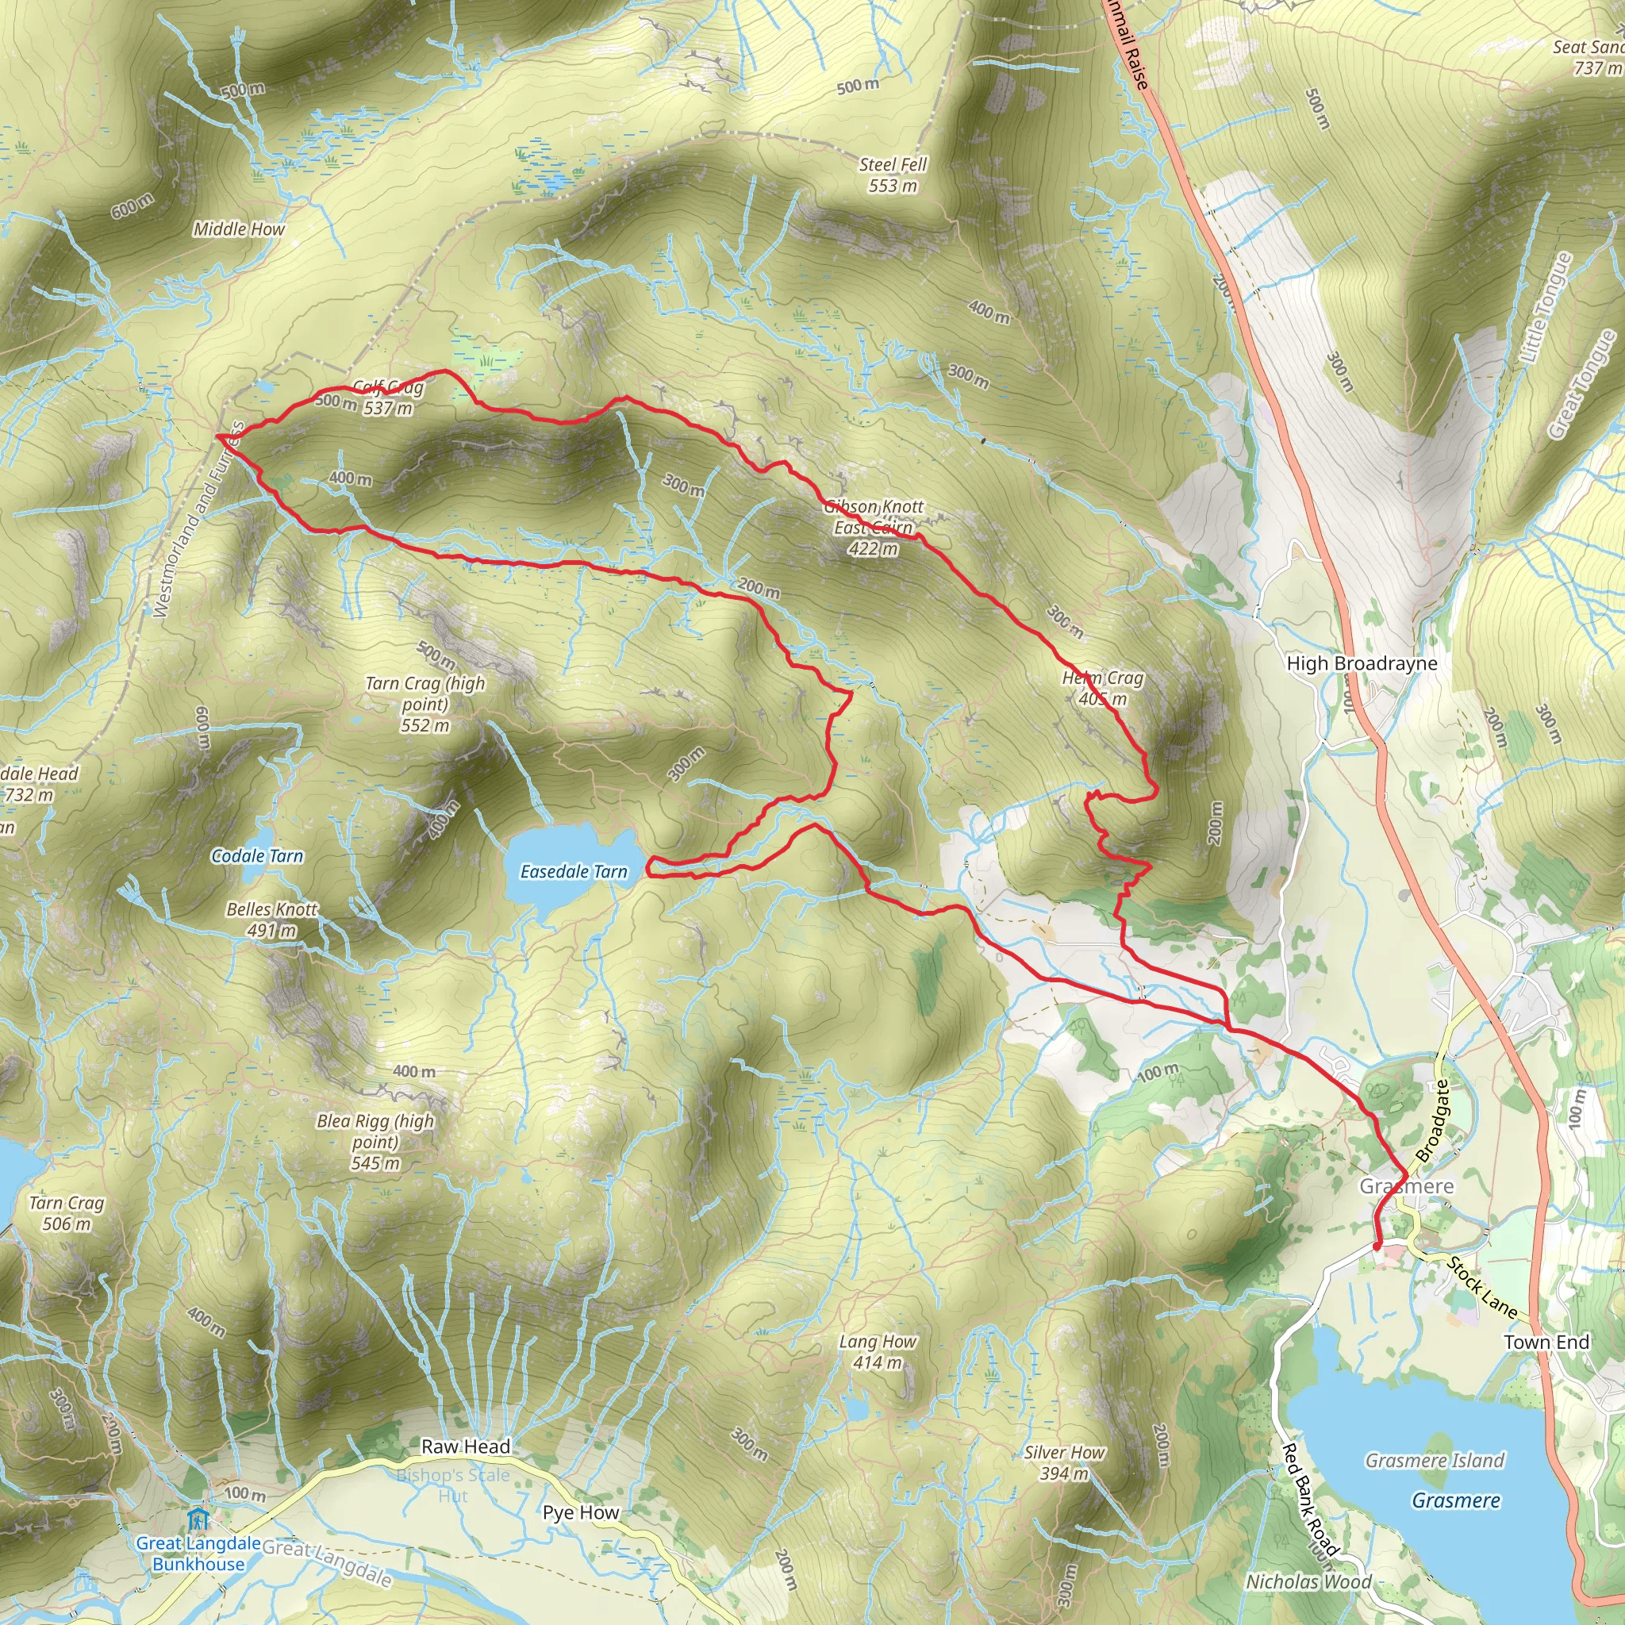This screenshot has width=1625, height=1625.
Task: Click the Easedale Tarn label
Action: click(574, 871)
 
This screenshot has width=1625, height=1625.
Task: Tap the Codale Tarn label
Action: click(256, 855)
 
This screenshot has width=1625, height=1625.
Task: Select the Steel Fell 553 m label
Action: click(893, 175)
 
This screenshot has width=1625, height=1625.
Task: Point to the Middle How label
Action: click(239, 229)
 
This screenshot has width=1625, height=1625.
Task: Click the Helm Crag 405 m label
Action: click(1103, 688)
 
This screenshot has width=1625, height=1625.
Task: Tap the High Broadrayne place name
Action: click(1362, 663)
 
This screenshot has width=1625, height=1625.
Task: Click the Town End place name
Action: click(1546, 1342)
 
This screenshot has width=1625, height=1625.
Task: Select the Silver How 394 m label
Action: click(1064, 1462)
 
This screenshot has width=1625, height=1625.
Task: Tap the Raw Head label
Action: click(465, 1446)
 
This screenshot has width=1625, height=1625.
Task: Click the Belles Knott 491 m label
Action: click(271, 920)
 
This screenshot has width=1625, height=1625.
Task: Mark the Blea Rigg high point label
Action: click(375, 1141)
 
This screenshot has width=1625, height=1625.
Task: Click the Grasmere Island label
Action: click(1434, 1460)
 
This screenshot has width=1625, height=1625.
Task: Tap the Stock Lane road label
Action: click(1481, 1288)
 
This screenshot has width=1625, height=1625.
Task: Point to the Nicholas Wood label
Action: click(1308, 1581)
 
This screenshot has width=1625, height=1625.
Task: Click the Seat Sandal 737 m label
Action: click(1589, 57)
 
